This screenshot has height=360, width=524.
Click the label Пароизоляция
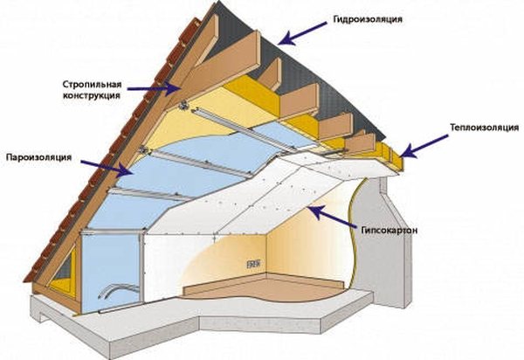click(40, 159)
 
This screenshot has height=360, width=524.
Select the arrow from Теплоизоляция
click(423, 144)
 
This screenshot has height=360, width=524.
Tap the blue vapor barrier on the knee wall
click(109, 262)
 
